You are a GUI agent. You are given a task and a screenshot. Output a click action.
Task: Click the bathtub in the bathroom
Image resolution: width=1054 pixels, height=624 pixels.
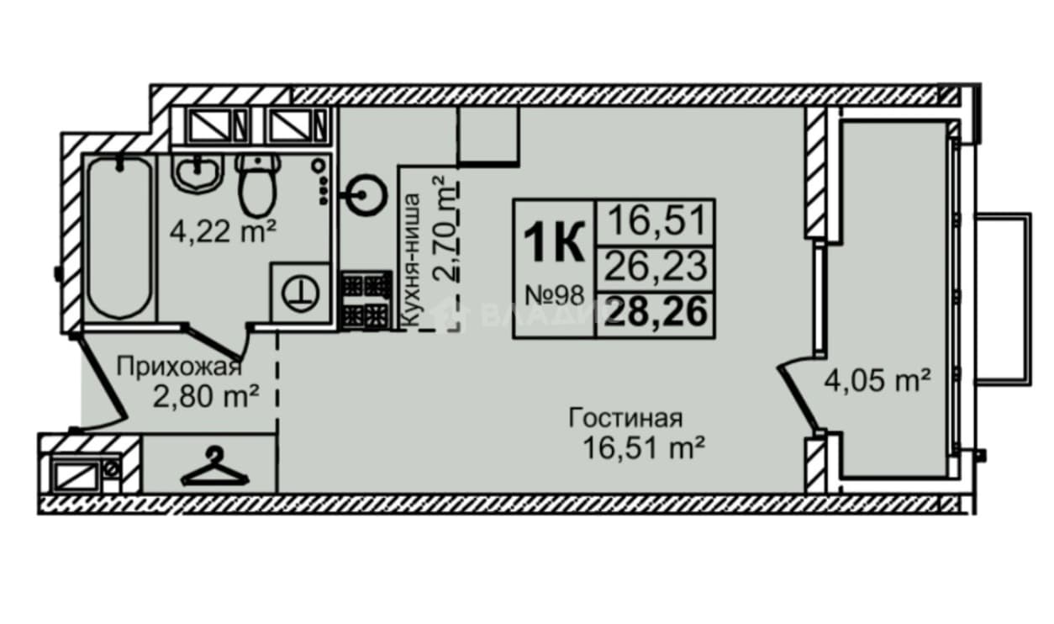(119, 238)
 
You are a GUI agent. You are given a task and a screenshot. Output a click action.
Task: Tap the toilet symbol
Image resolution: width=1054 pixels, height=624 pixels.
(257, 185)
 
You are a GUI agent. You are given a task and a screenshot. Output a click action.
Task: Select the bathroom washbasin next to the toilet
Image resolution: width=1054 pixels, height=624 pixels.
(198, 172)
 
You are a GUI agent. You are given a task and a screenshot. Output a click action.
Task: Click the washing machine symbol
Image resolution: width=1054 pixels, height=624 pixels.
(300, 293)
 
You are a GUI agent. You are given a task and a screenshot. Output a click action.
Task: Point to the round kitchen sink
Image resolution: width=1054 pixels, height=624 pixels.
(366, 194)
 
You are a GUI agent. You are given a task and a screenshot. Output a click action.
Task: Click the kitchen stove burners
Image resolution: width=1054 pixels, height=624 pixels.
(366, 300)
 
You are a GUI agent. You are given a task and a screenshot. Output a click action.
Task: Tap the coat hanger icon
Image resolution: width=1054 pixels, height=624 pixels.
(215, 468)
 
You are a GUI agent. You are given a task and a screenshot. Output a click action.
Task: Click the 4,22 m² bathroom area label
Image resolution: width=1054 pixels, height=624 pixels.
(222, 232)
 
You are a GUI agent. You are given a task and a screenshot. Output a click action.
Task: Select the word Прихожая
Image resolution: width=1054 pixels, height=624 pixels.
(179, 367)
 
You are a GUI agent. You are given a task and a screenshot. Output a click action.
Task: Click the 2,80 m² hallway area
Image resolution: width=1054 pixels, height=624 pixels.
(206, 397)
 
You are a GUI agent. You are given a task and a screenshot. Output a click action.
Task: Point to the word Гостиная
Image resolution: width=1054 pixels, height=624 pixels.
(625, 418)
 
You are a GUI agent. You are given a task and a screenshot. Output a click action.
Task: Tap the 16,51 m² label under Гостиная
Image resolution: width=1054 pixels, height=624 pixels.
(643, 447)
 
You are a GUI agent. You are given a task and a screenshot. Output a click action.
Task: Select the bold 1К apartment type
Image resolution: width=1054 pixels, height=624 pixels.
(554, 242)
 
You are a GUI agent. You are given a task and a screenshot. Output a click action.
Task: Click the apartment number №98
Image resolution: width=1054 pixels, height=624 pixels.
(555, 296)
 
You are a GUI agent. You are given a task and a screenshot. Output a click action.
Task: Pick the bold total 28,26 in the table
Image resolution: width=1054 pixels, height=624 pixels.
(656, 312)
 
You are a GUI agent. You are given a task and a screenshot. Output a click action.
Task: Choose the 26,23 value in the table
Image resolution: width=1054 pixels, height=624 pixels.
(656, 266)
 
